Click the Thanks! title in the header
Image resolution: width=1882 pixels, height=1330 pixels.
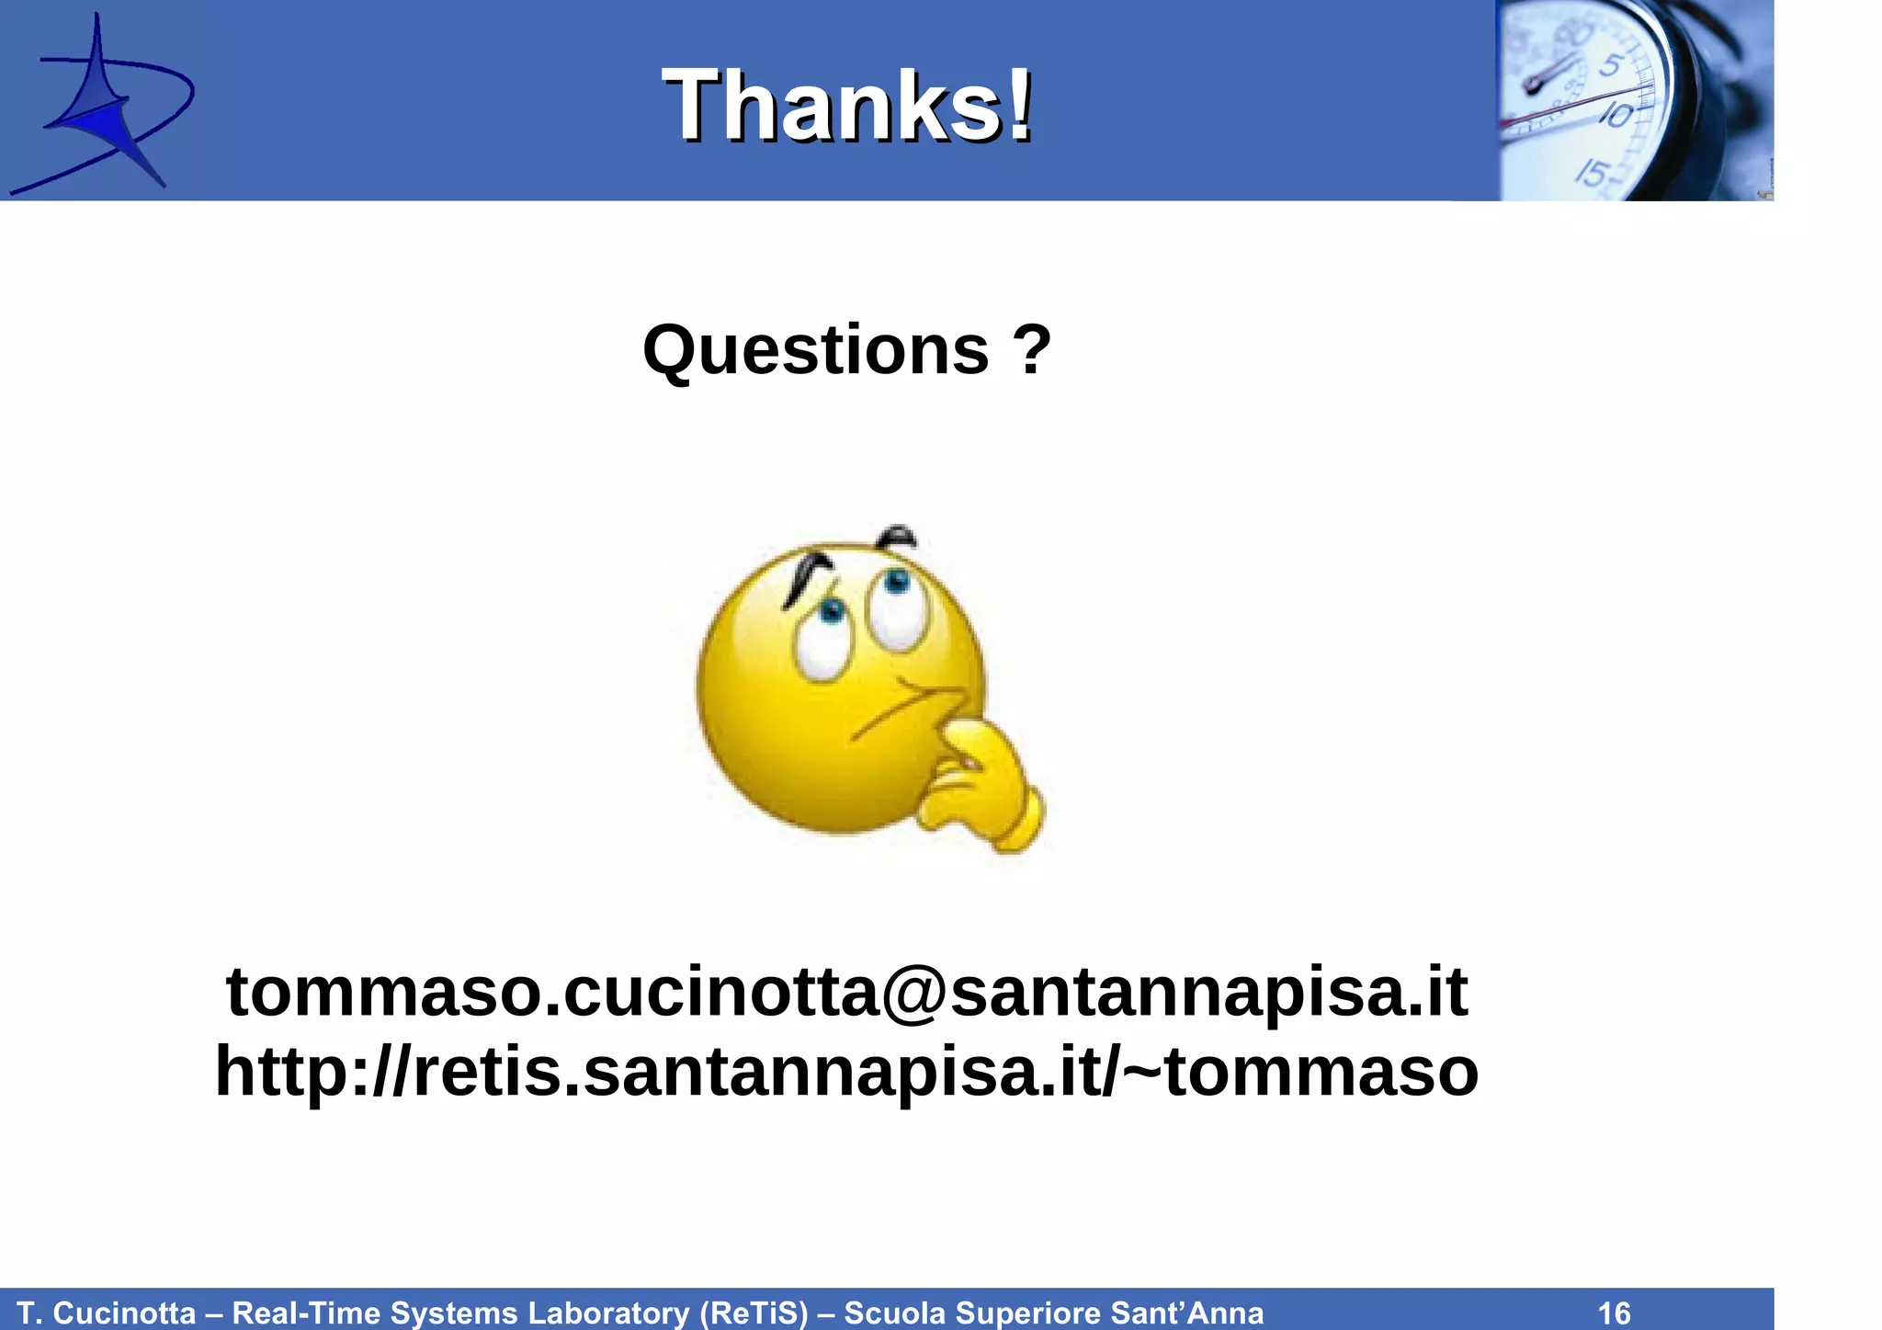pos(847,107)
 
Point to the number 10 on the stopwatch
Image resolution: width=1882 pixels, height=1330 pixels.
pos(1616,116)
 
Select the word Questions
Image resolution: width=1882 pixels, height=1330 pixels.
pos(815,350)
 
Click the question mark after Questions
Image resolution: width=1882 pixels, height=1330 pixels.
pos(1032,350)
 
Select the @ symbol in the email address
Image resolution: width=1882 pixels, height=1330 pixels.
pos(914,993)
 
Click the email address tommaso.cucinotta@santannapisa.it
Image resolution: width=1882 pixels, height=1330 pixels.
pos(846,993)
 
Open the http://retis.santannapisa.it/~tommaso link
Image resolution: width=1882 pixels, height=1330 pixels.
pos(846,1072)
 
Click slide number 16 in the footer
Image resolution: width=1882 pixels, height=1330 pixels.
pos(1615,1313)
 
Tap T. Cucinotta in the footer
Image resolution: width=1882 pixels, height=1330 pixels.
pos(107,1313)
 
